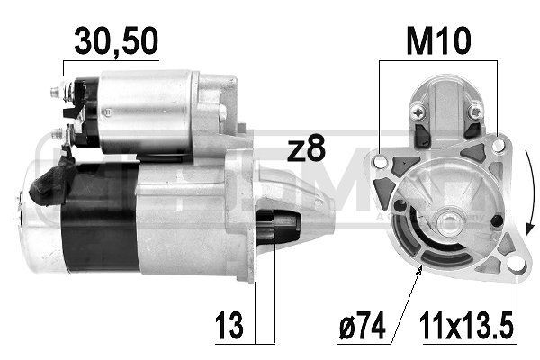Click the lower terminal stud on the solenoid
pyautogui.click(x=57, y=133)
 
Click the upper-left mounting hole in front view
pyautogui.click(x=381, y=162)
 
